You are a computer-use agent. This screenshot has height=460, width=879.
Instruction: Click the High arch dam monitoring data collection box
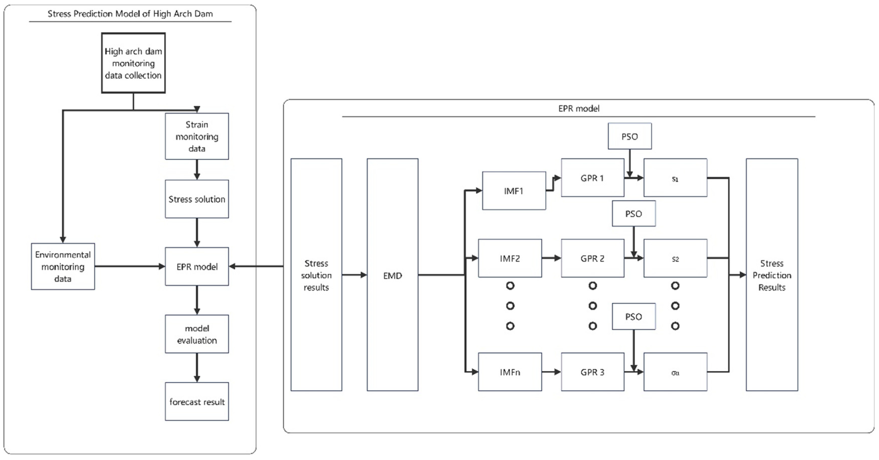pos(133,63)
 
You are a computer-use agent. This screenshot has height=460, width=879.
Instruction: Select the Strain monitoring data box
pos(197,136)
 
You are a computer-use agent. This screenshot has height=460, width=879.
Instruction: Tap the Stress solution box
pos(197,199)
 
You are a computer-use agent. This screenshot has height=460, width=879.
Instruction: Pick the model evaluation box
pos(197,334)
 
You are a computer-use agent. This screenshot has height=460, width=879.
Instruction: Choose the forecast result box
pos(197,401)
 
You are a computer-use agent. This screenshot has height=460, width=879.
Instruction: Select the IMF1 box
pos(514,191)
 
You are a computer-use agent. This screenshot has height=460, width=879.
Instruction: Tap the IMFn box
pos(510,372)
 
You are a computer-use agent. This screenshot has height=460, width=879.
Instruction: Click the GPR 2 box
pos(593,258)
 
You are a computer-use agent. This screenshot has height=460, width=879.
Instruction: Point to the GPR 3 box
pos(593,372)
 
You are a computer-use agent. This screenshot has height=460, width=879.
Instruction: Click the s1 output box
pos(676,178)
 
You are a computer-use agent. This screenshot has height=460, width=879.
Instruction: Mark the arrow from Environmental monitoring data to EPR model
pos(130,266)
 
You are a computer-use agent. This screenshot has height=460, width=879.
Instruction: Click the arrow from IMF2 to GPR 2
pos(551,258)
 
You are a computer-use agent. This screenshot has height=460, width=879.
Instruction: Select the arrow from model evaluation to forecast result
pos(197,368)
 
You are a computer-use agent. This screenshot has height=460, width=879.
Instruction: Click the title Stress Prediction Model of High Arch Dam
pos(130,14)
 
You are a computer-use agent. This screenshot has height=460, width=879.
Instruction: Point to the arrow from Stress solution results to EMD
pos(355,274)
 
